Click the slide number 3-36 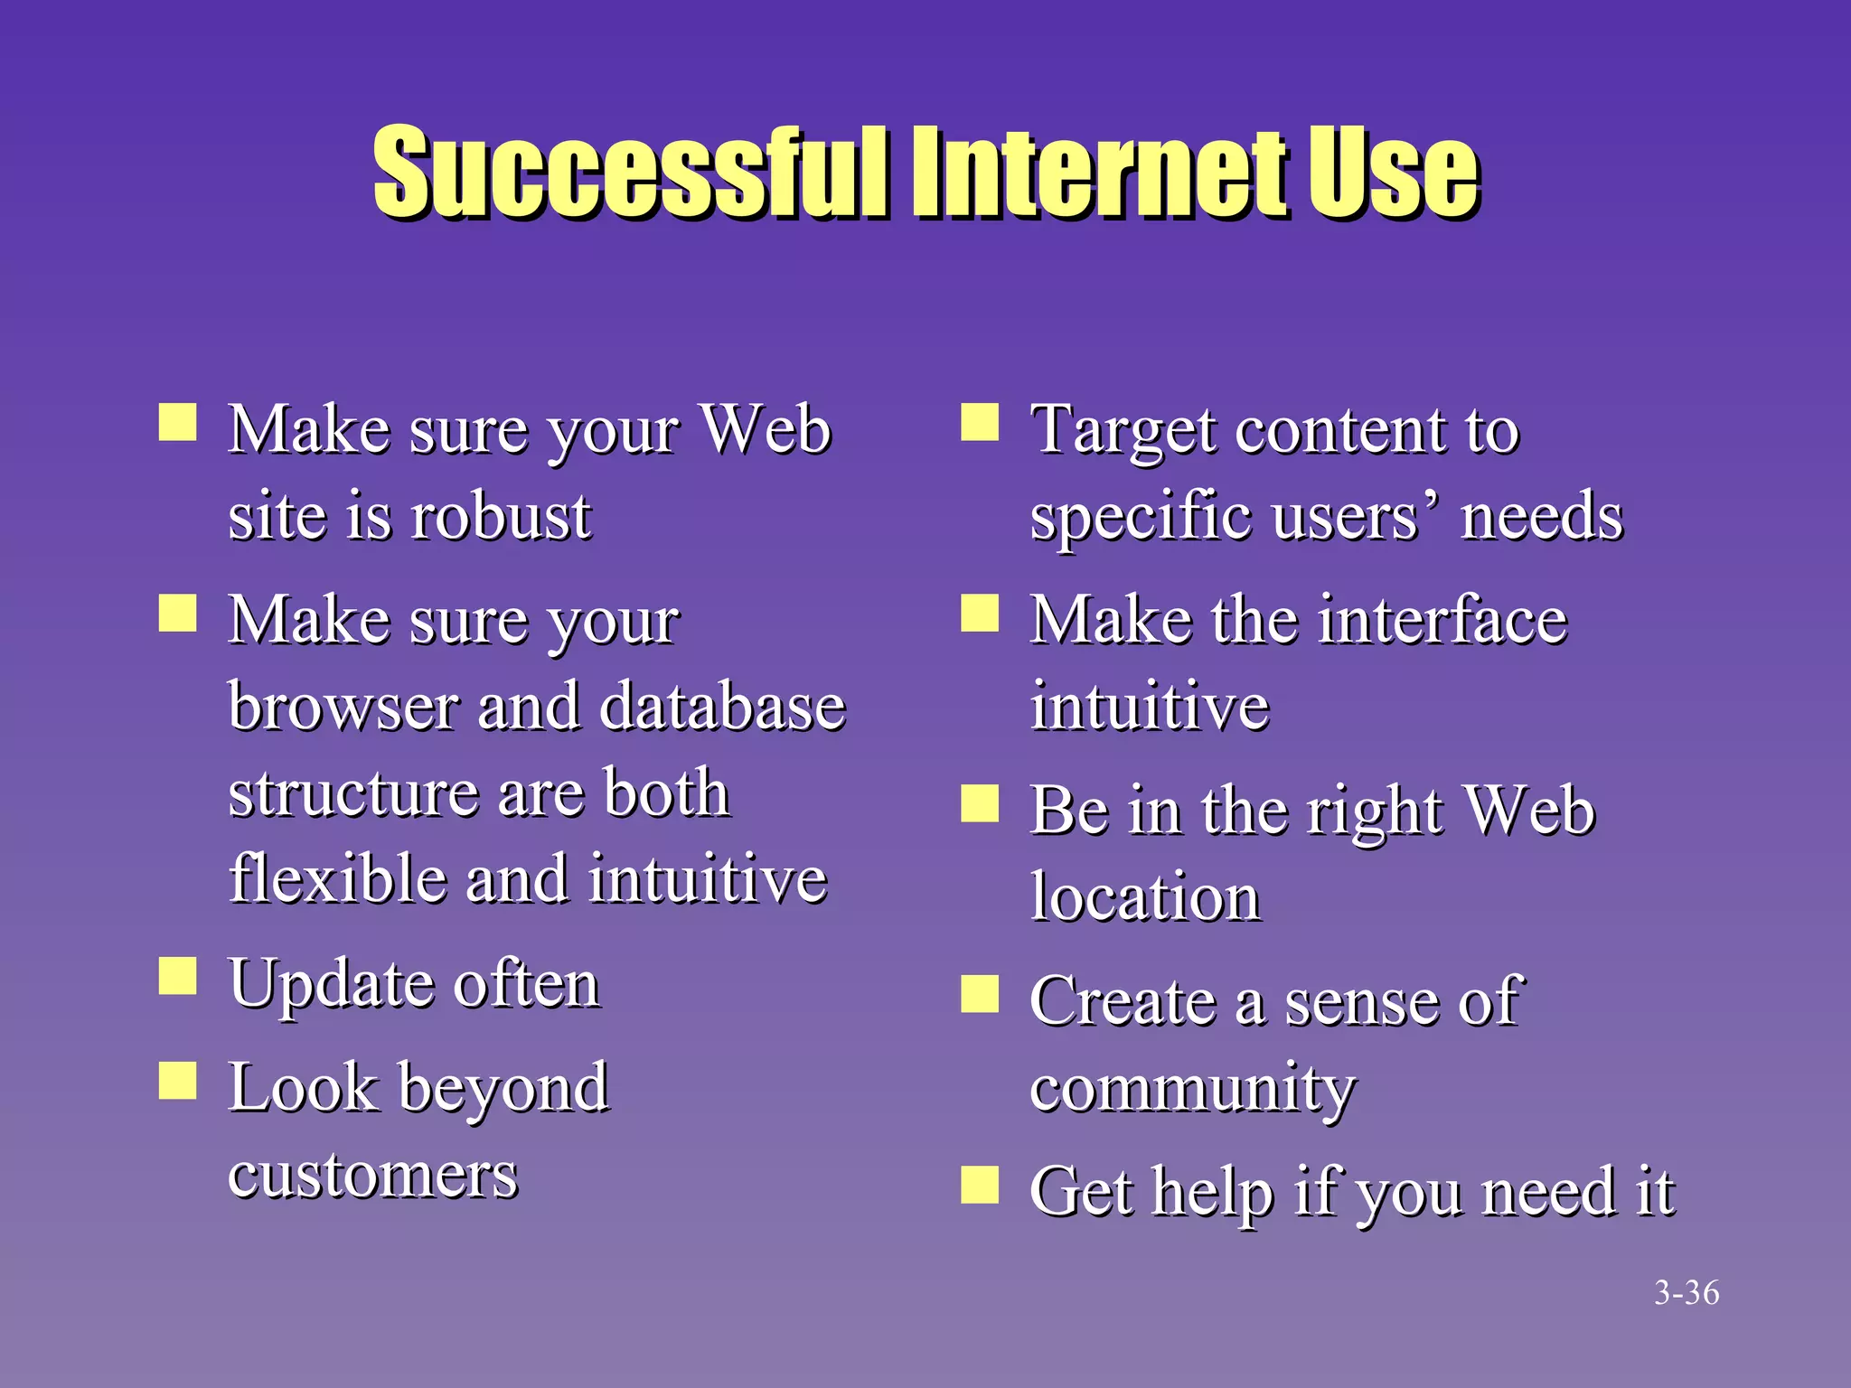[x=1686, y=1293]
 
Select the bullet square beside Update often [x=178, y=976]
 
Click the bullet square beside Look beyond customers [x=178, y=1080]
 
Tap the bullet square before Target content [x=980, y=422]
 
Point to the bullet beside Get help [x=980, y=1185]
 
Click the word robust [x=501, y=517]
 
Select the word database [x=722, y=706]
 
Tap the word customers [x=372, y=1176]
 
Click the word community [x=1192, y=1090]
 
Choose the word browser [x=343, y=706]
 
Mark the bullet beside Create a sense [x=980, y=994]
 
